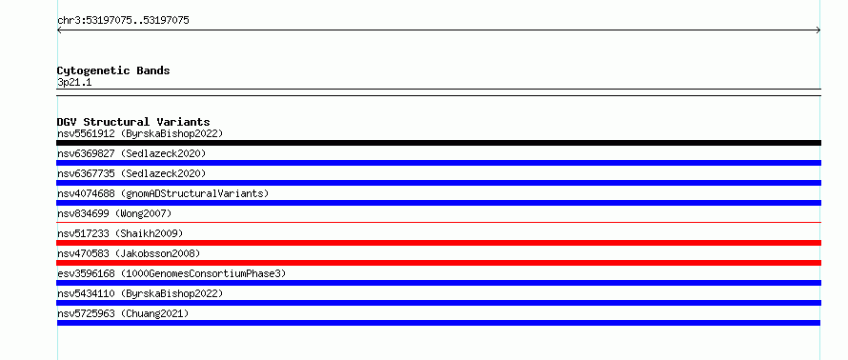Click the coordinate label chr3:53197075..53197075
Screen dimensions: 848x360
point(123,21)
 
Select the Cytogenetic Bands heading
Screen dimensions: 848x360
point(113,70)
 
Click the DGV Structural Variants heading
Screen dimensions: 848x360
point(133,122)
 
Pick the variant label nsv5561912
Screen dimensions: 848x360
point(86,133)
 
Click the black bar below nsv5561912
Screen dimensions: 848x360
point(438,143)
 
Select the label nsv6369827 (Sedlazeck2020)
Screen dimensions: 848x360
point(131,153)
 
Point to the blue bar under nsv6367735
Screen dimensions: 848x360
point(438,183)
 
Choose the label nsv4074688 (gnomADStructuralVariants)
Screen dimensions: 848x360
point(163,193)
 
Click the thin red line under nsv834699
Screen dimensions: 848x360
point(438,222)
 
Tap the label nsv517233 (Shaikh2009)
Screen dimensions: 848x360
point(120,233)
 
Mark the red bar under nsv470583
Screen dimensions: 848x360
point(438,263)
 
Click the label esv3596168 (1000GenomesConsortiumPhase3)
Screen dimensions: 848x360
point(172,273)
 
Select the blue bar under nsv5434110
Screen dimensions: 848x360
point(438,303)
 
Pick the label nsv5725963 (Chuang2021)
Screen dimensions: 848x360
point(123,313)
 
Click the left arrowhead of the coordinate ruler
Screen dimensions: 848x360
point(58,30)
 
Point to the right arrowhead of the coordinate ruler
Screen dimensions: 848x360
point(819,30)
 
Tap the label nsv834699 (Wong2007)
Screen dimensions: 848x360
point(114,213)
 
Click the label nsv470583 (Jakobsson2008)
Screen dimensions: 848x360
point(129,253)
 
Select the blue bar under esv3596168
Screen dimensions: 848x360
point(438,283)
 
